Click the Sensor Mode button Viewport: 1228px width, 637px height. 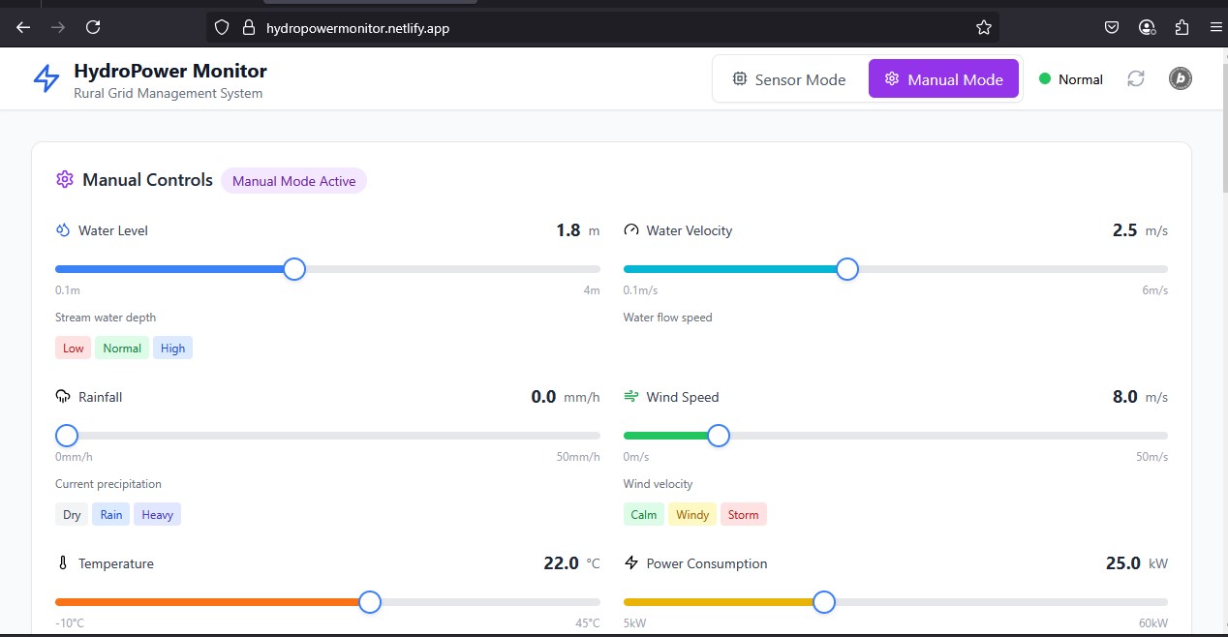(789, 79)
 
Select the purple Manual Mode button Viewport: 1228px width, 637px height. (943, 79)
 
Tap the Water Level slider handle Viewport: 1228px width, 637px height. (294, 269)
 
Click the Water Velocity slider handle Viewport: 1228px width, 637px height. (846, 269)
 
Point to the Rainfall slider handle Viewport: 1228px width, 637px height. (67, 436)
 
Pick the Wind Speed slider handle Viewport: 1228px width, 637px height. (718, 436)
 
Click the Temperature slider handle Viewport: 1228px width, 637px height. (369, 602)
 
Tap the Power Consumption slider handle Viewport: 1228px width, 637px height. (823, 602)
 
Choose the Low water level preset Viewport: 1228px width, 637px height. (73, 349)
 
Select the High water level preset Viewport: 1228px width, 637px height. (172, 349)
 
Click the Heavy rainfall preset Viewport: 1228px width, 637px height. (157, 515)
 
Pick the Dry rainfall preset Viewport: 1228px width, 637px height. (72, 515)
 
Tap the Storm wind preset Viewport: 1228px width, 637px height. (743, 515)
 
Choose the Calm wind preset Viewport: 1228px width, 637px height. (643, 515)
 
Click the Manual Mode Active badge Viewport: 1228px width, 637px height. (293, 181)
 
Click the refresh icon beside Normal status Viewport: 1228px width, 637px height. (1136, 79)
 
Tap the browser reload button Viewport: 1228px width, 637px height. (93, 27)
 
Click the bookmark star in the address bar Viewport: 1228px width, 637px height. (984, 27)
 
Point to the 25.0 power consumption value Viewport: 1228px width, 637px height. (1123, 563)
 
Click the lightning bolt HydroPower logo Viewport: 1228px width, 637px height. (46, 79)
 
